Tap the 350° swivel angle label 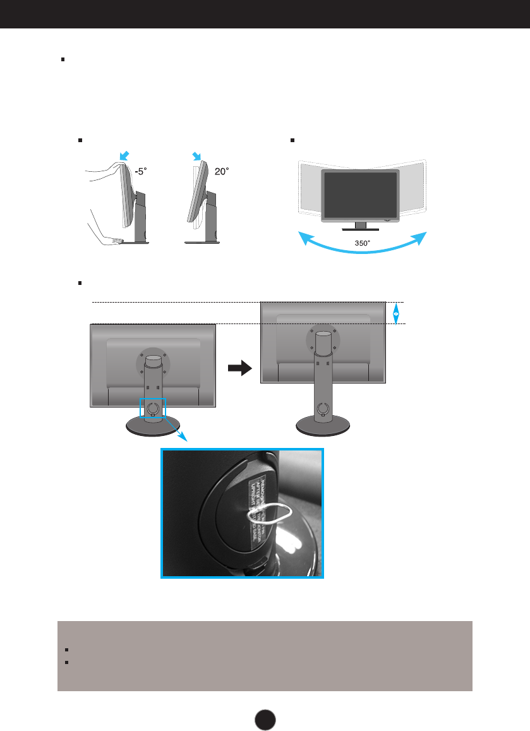(x=363, y=241)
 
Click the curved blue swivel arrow (x=362, y=248)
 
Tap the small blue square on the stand (x=152, y=408)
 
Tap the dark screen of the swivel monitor (x=359, y=194)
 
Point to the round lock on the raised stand (x=322, y=409)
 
